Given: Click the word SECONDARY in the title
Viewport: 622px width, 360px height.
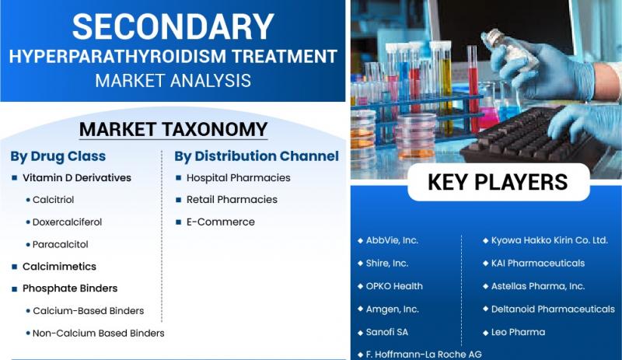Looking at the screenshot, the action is point(173,26).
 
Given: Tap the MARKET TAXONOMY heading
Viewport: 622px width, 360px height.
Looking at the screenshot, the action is point(173,129).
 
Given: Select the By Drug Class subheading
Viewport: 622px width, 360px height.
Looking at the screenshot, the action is point(58,156).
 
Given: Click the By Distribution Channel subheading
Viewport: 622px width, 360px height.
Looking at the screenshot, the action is point(257,156).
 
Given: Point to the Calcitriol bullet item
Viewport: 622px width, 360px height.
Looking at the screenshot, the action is point(53,200).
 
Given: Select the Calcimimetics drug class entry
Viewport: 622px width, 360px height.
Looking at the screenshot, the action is point(59,267).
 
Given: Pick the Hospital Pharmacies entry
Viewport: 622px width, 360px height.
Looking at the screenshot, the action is point(239,178).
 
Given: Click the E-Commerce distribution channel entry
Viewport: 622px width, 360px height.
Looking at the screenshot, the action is point(221,222).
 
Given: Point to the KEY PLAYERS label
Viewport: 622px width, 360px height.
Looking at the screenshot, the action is point(498,182).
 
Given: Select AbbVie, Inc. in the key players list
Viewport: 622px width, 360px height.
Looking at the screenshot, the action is point(392,240).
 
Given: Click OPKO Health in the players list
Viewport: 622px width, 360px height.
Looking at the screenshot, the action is point(394,286).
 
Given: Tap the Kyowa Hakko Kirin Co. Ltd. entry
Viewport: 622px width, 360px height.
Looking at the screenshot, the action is point(550,240).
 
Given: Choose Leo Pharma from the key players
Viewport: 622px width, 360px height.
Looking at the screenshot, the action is point(518,332).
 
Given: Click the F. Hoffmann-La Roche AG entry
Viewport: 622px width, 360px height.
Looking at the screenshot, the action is point(424,355).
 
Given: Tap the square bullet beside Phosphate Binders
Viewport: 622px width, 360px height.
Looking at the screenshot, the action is point(15,288).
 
